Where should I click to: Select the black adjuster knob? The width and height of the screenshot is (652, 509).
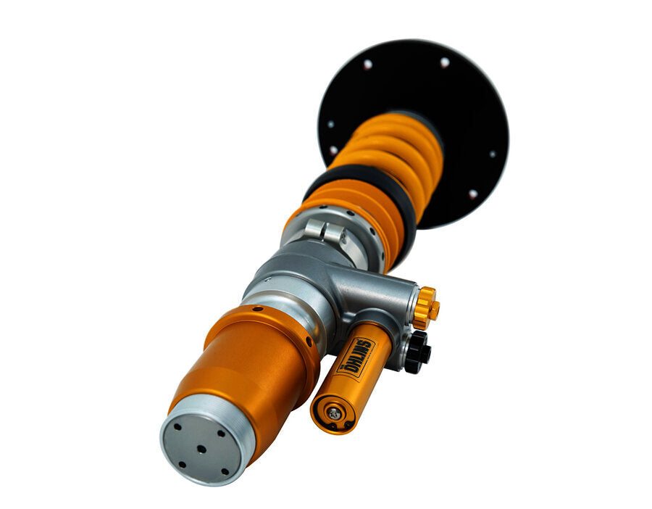[417, 350]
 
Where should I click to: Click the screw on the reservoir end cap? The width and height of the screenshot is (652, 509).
[334, 413]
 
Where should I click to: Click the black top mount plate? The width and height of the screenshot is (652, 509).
[464, 109]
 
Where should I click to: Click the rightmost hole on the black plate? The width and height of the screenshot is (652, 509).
[493, 154]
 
